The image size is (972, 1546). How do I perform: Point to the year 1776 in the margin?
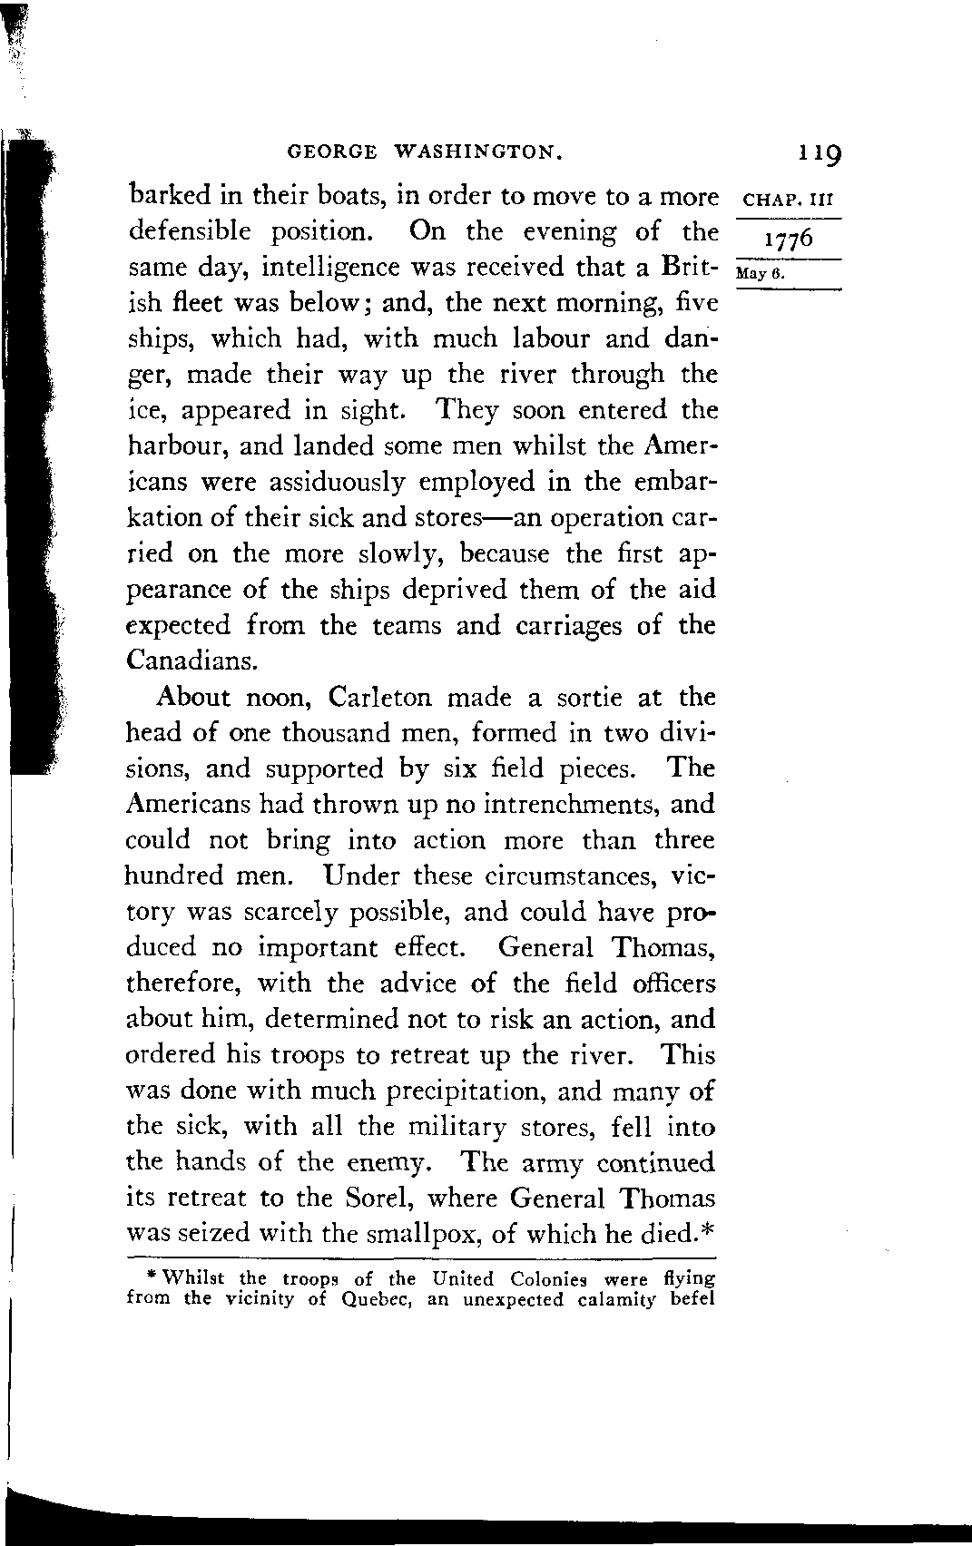coord(789,242)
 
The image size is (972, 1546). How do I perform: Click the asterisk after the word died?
coord(707,1229)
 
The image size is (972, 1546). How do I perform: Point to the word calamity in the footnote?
coord(610,1299)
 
